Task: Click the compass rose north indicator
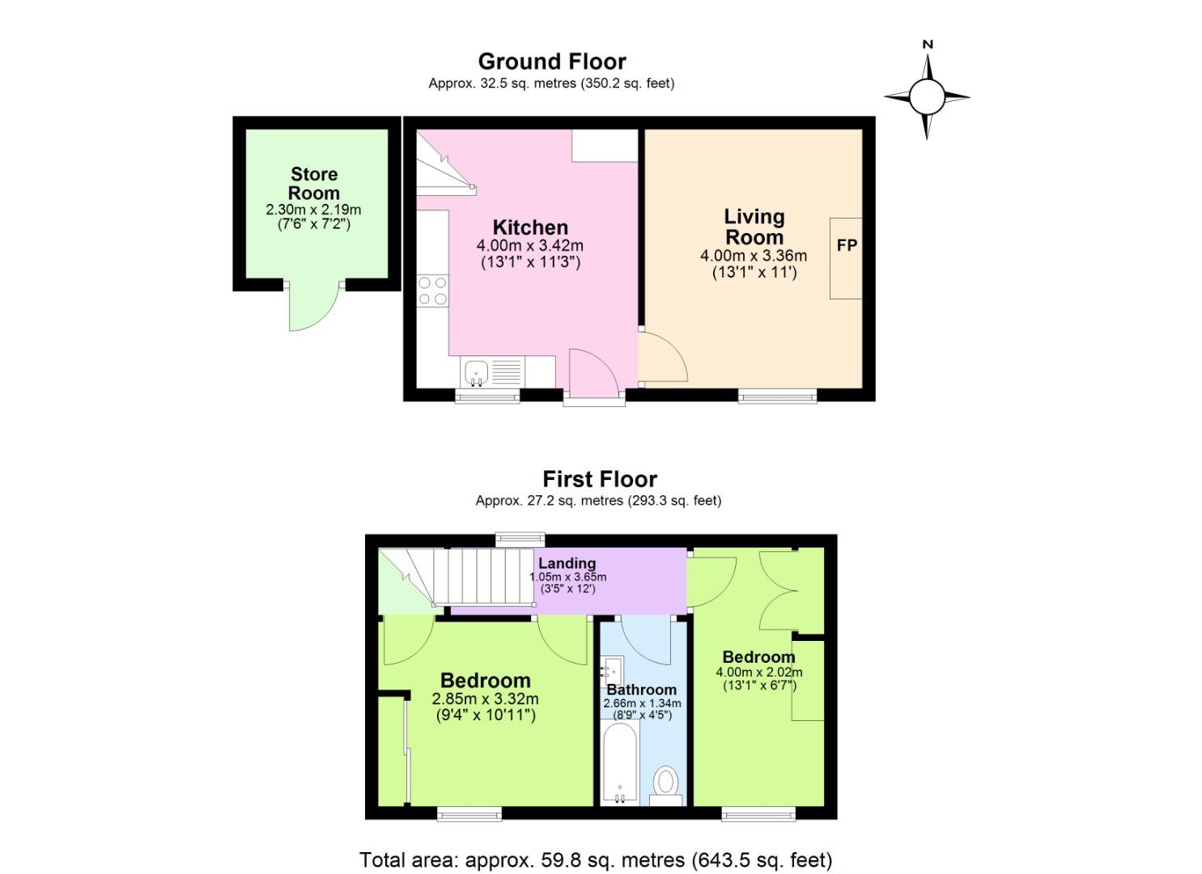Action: (x=928, y=46)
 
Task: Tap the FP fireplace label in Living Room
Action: (x=847, y=245)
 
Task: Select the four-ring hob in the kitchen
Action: (x=432, y=291)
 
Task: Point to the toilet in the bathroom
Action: (x=666, y=783)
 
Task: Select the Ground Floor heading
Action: (x=552, y=62)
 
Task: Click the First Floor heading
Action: (x=599, y=479)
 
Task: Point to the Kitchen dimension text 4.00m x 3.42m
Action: (x=530, y=245)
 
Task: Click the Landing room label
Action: (x=567, y=563)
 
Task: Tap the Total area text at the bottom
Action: (x=596, y=859)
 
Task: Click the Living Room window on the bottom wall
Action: (x=777, y=396)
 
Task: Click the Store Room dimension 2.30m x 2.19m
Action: (x=314, y=210)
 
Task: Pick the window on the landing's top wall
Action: (x=520, y=539)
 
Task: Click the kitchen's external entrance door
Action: (x=594, y=374)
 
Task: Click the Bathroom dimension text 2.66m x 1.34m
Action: (x=642, y=704)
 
